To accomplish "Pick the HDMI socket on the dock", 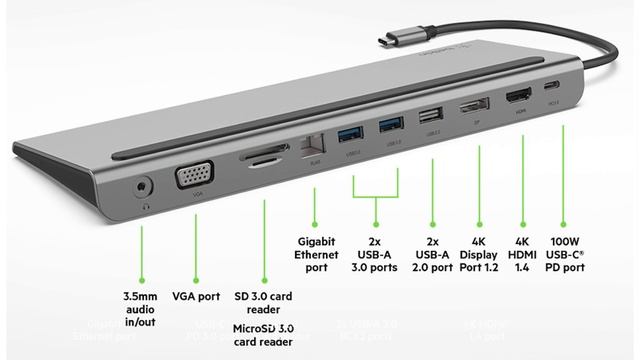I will [x=519, y=99].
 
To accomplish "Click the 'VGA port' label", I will [x=196, y=297].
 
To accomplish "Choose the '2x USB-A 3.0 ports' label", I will [x=375, y=254].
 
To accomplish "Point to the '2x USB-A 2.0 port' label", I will [x=432, y=254].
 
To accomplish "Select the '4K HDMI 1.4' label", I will [x=521, y=254].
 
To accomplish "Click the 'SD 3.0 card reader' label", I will [x=263, y=304].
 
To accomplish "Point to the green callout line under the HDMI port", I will [x=521, y=180].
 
